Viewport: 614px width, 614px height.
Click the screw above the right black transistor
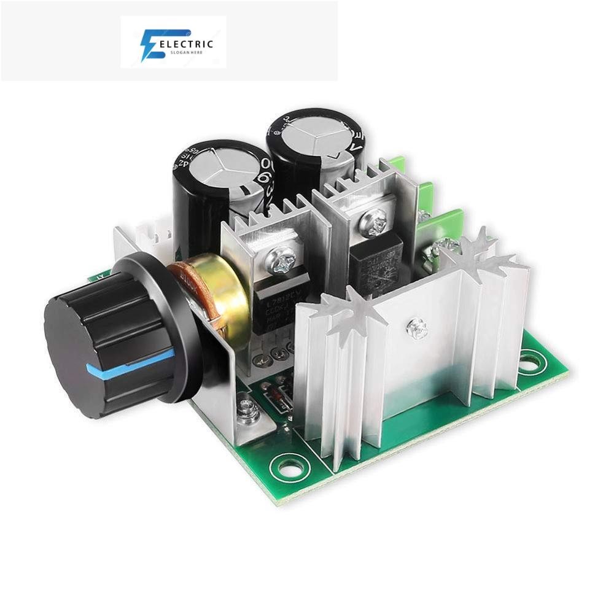click(x=375, y=219)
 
